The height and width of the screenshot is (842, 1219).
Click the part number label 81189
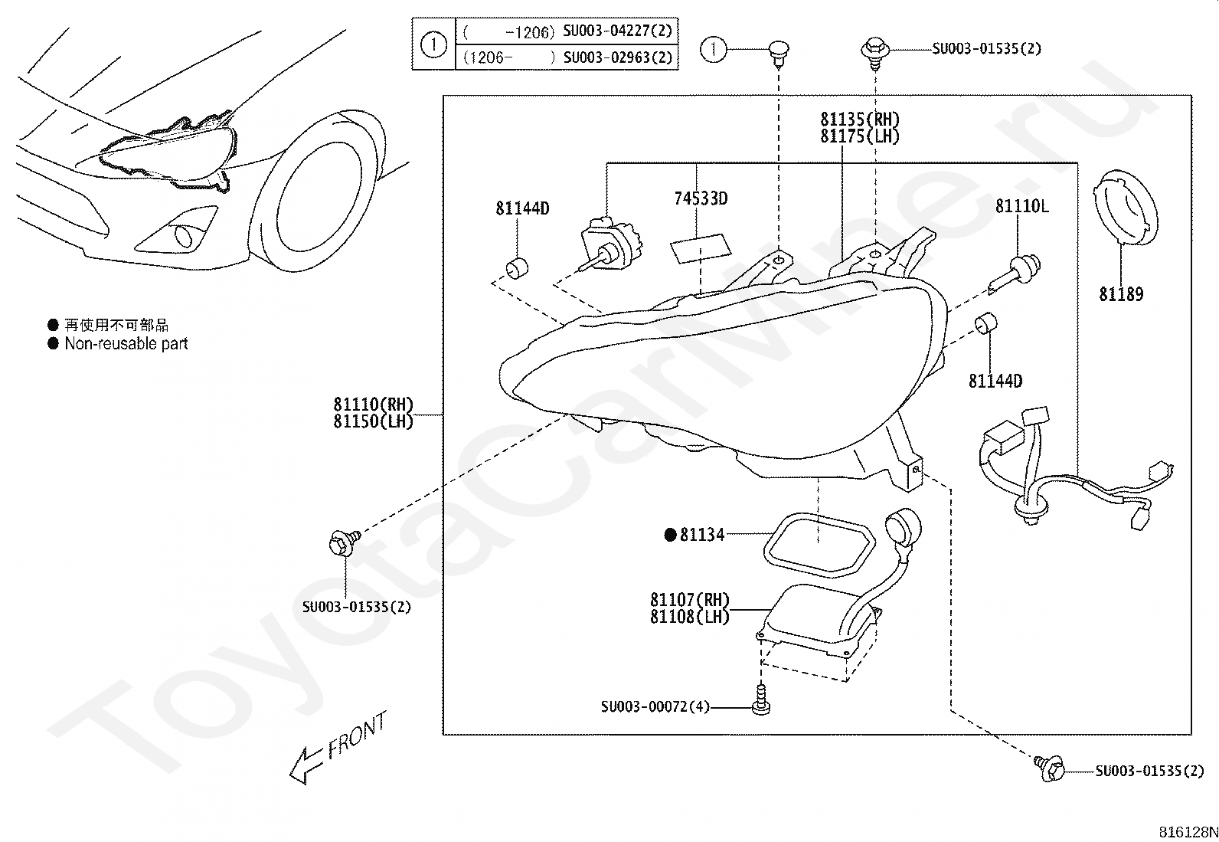click(1121, 295)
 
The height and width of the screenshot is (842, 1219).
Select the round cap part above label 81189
click(1126, 208)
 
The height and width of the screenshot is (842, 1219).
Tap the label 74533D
click(701, 198)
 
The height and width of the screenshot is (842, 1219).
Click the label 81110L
click(1022, 206)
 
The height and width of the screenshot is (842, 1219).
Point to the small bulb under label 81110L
click(1015, 274)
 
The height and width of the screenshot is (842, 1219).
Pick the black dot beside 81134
click(670, 536)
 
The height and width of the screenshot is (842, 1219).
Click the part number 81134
click(702, 536)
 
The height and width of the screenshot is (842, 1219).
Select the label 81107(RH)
click(689, 600)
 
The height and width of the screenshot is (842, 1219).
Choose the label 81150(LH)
click(374, 421)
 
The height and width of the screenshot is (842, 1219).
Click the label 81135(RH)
click(860, 120)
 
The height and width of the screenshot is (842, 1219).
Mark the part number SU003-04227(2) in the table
click(618, 31)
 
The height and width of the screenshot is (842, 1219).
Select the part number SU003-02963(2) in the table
click(618, 57)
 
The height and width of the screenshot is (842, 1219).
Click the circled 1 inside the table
click(433, 44)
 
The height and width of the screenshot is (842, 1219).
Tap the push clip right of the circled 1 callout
click(779, 54)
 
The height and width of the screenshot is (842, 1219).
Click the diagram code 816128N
click(1188, 832)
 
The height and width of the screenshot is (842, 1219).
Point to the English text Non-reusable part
click(126, 344)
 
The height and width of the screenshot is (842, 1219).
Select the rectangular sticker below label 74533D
click(701, 248)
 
